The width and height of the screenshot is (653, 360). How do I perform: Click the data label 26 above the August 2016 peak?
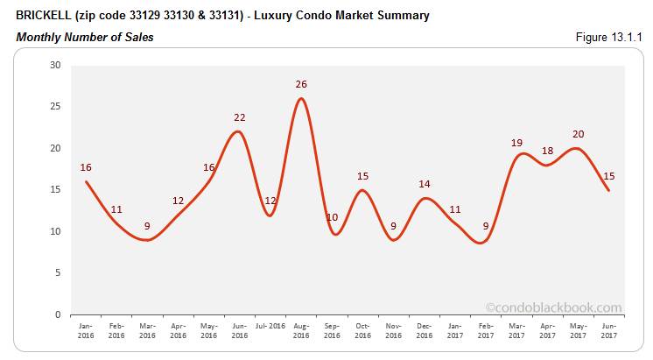(302, 84)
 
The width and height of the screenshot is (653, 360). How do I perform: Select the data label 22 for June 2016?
(240, 117)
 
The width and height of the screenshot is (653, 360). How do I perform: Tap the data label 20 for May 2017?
(579, 134)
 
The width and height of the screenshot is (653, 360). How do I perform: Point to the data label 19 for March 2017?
(516, 142)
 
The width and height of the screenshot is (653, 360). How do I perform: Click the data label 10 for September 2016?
(332, 217)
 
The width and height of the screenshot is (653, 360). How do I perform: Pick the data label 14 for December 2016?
(425, 184)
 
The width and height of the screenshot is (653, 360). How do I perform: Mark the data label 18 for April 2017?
(547, 151)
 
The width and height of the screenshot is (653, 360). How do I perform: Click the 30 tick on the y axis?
(55, 65)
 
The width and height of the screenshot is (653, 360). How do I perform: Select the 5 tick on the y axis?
(58, 272)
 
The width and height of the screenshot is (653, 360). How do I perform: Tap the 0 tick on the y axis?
(58, 314)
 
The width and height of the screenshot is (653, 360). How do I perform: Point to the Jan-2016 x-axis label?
(86, 330)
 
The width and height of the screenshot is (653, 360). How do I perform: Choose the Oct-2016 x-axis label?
(363, 330)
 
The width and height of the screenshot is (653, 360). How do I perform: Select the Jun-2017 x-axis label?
(609, 330)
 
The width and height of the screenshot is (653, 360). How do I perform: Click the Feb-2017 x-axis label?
(487, 330)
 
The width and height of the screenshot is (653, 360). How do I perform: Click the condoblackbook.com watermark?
(553, 307)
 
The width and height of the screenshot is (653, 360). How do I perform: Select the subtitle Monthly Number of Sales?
(85, 38)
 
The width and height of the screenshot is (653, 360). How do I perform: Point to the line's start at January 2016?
(86, 181)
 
